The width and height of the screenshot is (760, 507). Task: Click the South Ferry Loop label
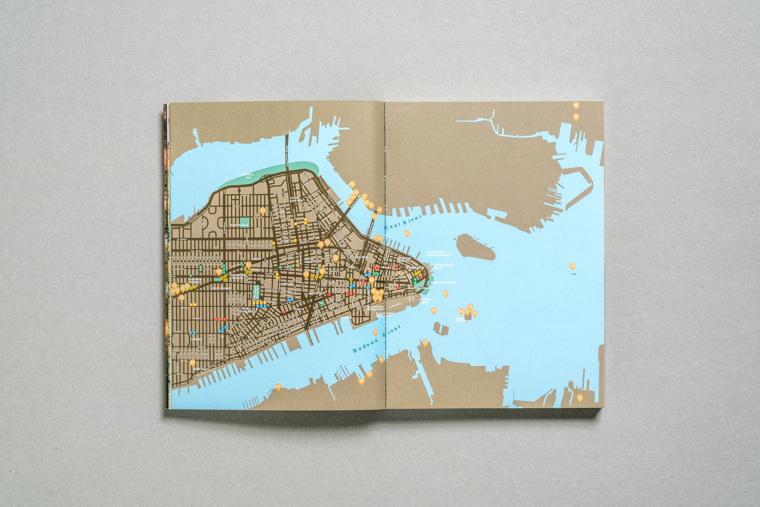point(443,282)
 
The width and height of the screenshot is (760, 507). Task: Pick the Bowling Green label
point(422,288)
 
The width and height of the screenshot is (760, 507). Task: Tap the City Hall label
point(361,257)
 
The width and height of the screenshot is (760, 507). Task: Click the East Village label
point(239,225)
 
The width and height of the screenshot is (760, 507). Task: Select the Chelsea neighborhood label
point(196,339)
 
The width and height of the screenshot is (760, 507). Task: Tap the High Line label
point(200,369)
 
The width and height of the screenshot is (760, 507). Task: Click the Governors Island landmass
point(475,247)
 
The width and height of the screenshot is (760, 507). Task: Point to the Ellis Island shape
point(441,329)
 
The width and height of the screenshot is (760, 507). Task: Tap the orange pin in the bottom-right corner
point(580,398)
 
